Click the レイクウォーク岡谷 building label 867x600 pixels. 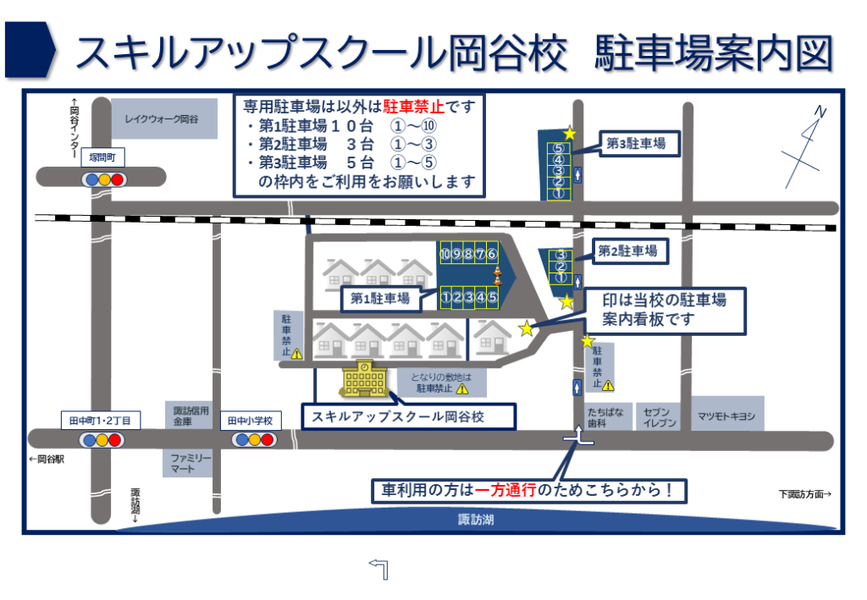(160, 119)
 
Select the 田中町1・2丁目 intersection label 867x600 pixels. (102, 419)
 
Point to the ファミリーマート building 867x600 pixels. (187, 462)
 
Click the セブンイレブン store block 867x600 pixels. (659, 416)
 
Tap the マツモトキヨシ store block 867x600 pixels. (726, 416)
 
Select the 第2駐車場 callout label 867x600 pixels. (627, 250)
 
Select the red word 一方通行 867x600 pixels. (506, 490)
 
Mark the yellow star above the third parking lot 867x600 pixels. (570, 133)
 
